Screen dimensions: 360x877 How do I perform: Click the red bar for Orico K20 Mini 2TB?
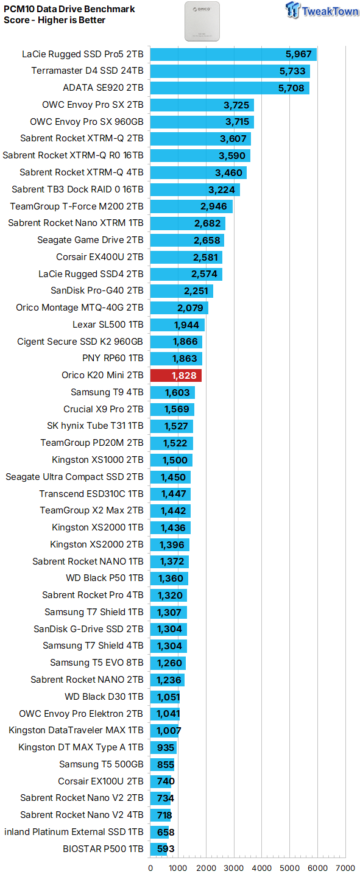click(x=176, y=375)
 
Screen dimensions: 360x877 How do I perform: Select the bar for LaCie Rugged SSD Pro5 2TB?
click(x=233, y=54)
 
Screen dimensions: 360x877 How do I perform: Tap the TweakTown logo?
click(x=322, y=10)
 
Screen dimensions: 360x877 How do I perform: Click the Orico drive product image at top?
click(x=202, y=21)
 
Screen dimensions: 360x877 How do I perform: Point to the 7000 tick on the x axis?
click(x=345, y=868)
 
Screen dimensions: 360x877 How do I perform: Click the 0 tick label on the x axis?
click(x=150, y=868)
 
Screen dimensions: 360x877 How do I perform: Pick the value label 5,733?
click(x=292, y=71)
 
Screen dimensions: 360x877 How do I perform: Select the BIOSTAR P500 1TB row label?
click(x=103, y=849)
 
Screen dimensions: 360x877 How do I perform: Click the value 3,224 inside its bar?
click(x=222, y=190)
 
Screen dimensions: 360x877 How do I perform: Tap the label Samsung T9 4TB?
click(x=107, y=392)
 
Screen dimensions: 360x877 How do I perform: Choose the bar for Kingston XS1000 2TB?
click(x=171, y=460)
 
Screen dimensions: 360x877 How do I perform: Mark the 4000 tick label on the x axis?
click(x=262, y=868)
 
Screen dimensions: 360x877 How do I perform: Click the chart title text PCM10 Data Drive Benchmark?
click(x=69, y=9)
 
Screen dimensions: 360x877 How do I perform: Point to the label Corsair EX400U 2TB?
click(x=100, y=257)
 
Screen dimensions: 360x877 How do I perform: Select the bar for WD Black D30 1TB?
click(x=165, y=697)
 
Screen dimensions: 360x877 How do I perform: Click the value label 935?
click(x=166, y=748)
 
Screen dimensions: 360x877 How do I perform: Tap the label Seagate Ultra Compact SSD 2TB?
click(x=74, y=477)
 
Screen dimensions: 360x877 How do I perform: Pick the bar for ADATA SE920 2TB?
click(x=230, y=88)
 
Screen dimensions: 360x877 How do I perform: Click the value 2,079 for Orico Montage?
click(x=190, y=308)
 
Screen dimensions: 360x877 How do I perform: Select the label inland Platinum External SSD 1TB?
click(x=74, y=831)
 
